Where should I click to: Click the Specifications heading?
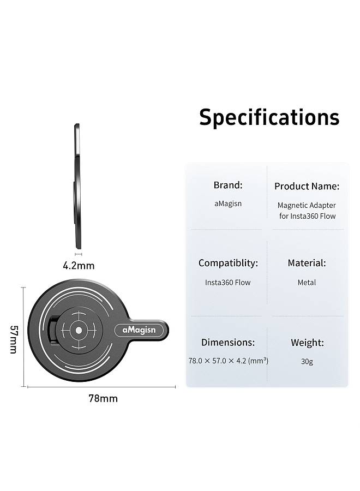pyautogui.click(x=269, y=117)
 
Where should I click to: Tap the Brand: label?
pyautogui.click(x=228, y=185)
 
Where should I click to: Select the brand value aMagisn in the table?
pyautogui.click(x=228, y=203)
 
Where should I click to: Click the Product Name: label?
pyautogui.click(x=307, y=186)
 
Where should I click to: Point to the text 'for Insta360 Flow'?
pyautogui.click(x=308, y=215)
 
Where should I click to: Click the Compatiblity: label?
pyautogui.click(x=228, y=263)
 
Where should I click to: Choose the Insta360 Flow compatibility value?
pyautogui.click(x=228, y=283)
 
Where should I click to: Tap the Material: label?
pyautogui.click(x=307, y=263)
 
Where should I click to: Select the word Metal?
pyautogui.click(x=307, y=283)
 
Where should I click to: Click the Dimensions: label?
pyautogui.click(x=228, y=342)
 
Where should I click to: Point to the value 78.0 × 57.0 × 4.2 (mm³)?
pyautogui.click(x=228, y=361)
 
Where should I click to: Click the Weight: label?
pyautogui.click(x=307, y=343)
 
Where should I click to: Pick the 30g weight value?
pyautogui.click(x=307, y=361)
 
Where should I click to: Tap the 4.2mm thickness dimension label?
pyautogui.click(x=79, y=266)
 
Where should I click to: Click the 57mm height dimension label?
pyautogui.click(x=14, y=339)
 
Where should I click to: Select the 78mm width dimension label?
pyautogui.click(x=103, y=398)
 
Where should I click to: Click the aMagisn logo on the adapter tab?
pyautogui.click(x=139, y=330)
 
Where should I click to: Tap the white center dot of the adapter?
pyautogui.click(x=79, y=331)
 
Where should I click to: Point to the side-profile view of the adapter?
pyautogui.click(x=77, y=187)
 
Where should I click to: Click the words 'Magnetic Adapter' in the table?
pyautogui.click(x=307, y=206)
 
